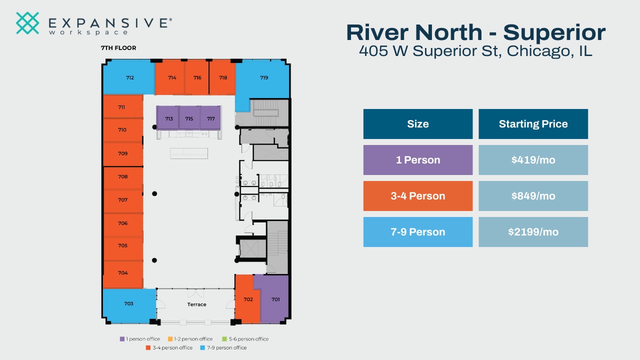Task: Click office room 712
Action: coord(129,77)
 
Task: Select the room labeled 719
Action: coord(263,78)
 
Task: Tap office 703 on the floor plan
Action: coord(128,304)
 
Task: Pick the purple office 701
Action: coord(275,299)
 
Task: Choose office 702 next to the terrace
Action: coord(248,299)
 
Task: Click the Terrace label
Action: coord(196,304)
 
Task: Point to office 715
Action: coord(189,119)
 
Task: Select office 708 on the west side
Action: coord(123,177)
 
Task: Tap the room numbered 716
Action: coord(197,78)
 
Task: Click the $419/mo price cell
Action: coord(533,160)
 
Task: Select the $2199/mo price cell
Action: coord(533,232)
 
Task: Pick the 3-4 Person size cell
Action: coord(417,196)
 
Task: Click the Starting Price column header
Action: coord(533,124)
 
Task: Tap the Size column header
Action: coord(417,124)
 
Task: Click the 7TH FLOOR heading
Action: coord(118,48)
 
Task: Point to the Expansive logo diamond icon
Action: coord(27,23)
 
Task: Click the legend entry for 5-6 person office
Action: coord(245,339)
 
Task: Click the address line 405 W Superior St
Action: coord(475,50)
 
